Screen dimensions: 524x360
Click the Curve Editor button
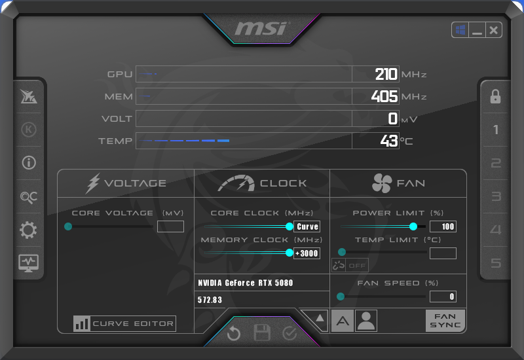click(x=125, y=323)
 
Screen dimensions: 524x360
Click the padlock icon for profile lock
click(x=496, y=97)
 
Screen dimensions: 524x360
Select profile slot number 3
click(x=496, y=196)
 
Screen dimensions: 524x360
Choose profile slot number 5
click(x=496, y=263)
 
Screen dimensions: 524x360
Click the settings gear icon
click(x=29, y=230)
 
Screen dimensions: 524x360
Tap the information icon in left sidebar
click(x=29, y=163)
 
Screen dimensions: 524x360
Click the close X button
click(x=494, y=30)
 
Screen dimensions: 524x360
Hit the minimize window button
click(x=477, y=30)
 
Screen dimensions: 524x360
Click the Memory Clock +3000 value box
click(x=307, y=253)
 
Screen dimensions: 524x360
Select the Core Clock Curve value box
click(x=307, y=226)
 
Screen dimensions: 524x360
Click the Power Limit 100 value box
click(x=443, y=226)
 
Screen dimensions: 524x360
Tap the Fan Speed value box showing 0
click(x=443, y=297)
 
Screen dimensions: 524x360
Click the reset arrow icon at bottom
click(x=234, y=334)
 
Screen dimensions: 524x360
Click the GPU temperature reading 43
click(x=389, y=141)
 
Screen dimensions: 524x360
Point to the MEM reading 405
click(x=384, y=96)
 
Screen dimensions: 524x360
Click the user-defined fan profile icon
click(x=366, y=321)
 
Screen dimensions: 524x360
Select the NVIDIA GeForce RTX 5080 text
click(x=246, y=283)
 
